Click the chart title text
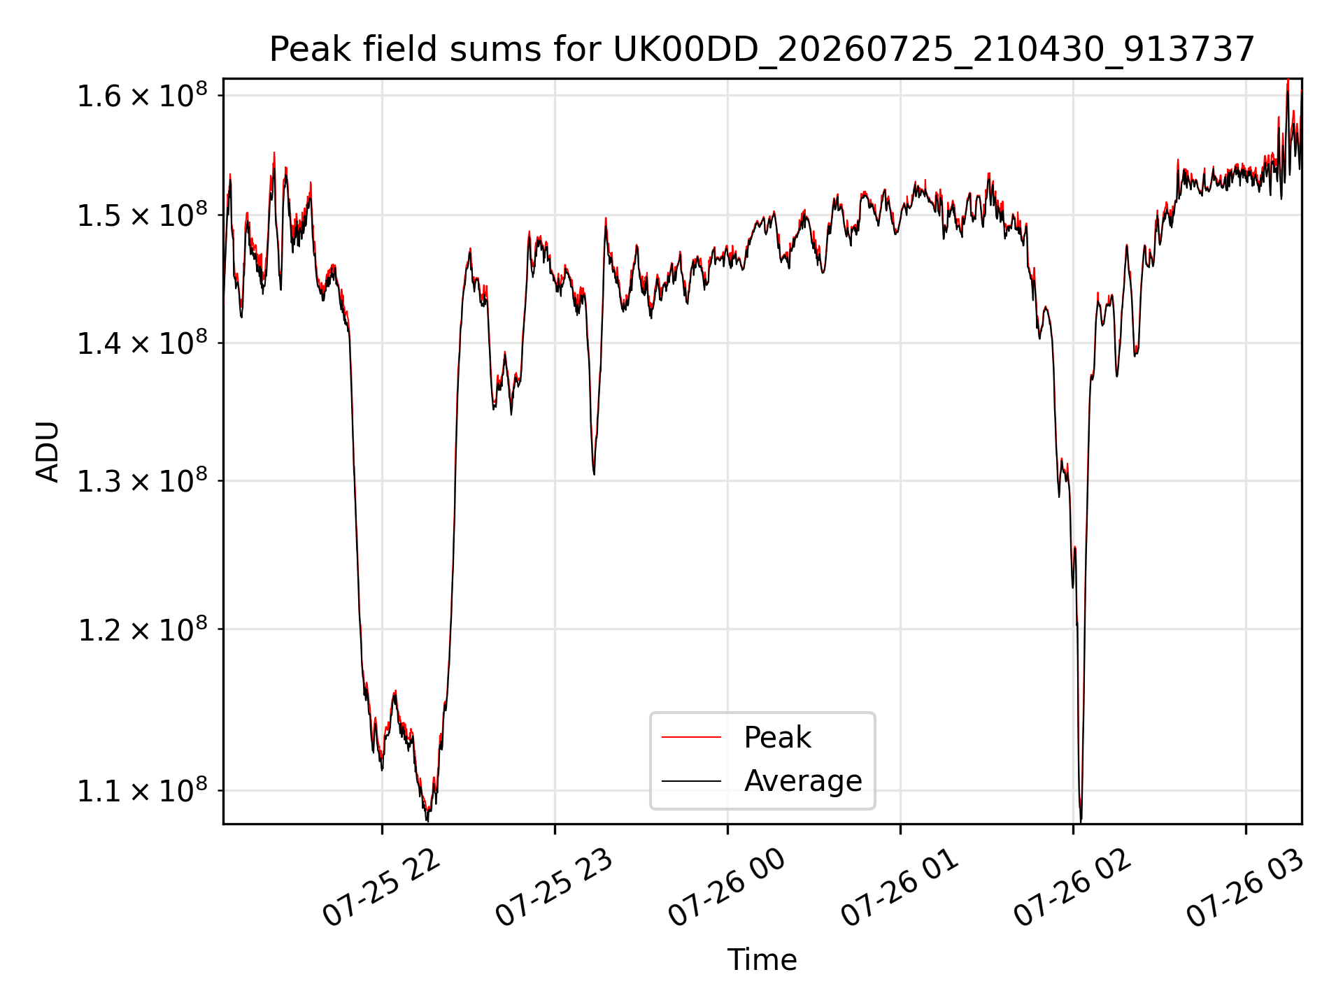pyautogui.click(x=762, y=50)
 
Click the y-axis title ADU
pyautogui.click(x=48, y=452)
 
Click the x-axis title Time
pyautogui.click(x=762, y=959)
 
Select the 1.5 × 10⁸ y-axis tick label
pyautogui.click(x=142, y=215)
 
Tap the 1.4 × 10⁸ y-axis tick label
pyautogui.click(x=142, y=343)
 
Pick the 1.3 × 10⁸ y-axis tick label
pyautogui.click(x=142, y=480)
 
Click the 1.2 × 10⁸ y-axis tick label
pyautogui.click(x=142, y=629)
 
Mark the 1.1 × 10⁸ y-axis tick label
pyautogui.click(x=142, y=790)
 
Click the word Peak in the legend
pyautogui.click(x=777, y=738)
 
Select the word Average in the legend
pyautogui.click(x=803, y=781)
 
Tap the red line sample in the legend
pyautogui.click(x=691, y=737)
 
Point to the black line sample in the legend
pyautogui.click(x=691, y=780)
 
